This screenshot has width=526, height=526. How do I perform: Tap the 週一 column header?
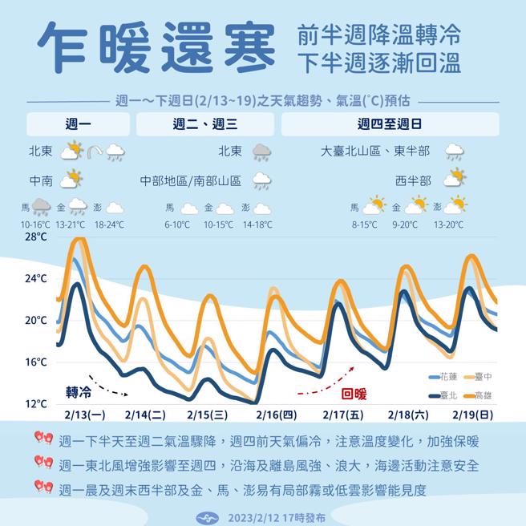pos(78,124)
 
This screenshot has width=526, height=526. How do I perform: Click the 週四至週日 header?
pos(390,124)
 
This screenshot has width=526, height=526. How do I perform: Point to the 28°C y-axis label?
pos(35,237)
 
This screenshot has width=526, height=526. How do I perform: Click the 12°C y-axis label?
pos(35,403)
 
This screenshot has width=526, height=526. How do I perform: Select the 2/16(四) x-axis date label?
pos(276,415)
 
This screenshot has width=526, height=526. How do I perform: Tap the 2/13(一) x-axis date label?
pos(84,415)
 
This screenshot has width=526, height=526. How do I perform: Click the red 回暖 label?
pos(354,394)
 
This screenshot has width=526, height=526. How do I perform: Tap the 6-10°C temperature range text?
pos(177,225)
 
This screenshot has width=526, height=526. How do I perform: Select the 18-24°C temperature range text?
pos(108,225)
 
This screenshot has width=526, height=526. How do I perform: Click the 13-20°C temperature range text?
pos(447,225)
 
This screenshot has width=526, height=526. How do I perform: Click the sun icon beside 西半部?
pos(456,177)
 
